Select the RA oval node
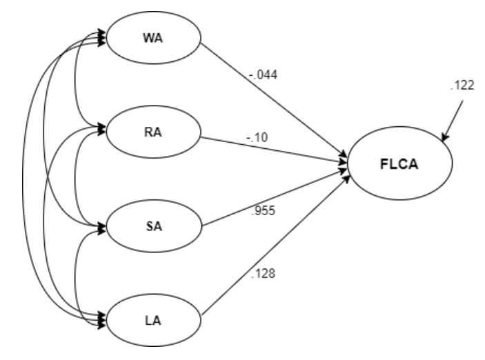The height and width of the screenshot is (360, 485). click(x=153, y=132)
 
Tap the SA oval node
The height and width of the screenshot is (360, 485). click(x=153, y=227)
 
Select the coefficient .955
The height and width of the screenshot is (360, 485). click(x=263, y=210)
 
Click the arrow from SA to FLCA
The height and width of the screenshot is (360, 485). click(x=276, y=197)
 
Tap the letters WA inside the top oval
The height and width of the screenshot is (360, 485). click(x=153, y=37)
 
